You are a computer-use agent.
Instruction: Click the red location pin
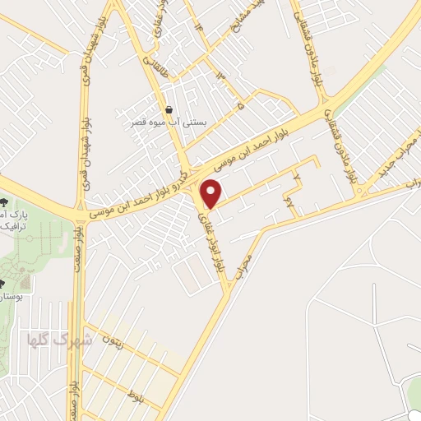tap(212, 194)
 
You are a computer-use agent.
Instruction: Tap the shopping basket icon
tap(169, 109)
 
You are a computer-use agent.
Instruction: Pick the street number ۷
tap(298, 176)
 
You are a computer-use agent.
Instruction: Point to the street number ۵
tap(240, 106)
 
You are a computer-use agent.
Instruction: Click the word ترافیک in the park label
tap(13, 224)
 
